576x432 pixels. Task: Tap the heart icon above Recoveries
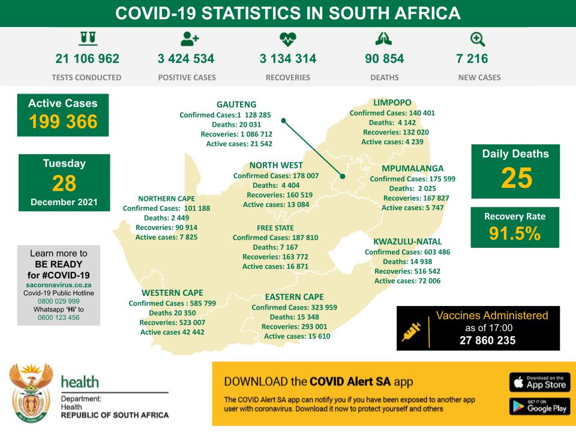tap(288, 40)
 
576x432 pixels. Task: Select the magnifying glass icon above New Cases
tap(478, 40)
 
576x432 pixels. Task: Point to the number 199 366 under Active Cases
tap(63, 122)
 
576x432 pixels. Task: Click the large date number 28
tap(64, 183)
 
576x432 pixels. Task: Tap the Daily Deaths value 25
tap(515, 178)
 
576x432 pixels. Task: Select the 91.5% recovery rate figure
tap(515, 235)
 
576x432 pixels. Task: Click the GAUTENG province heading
tap(236, 104)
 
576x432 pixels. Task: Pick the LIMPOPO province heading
tap(392, 103)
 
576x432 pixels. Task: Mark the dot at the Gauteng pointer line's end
tap(343, 176)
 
